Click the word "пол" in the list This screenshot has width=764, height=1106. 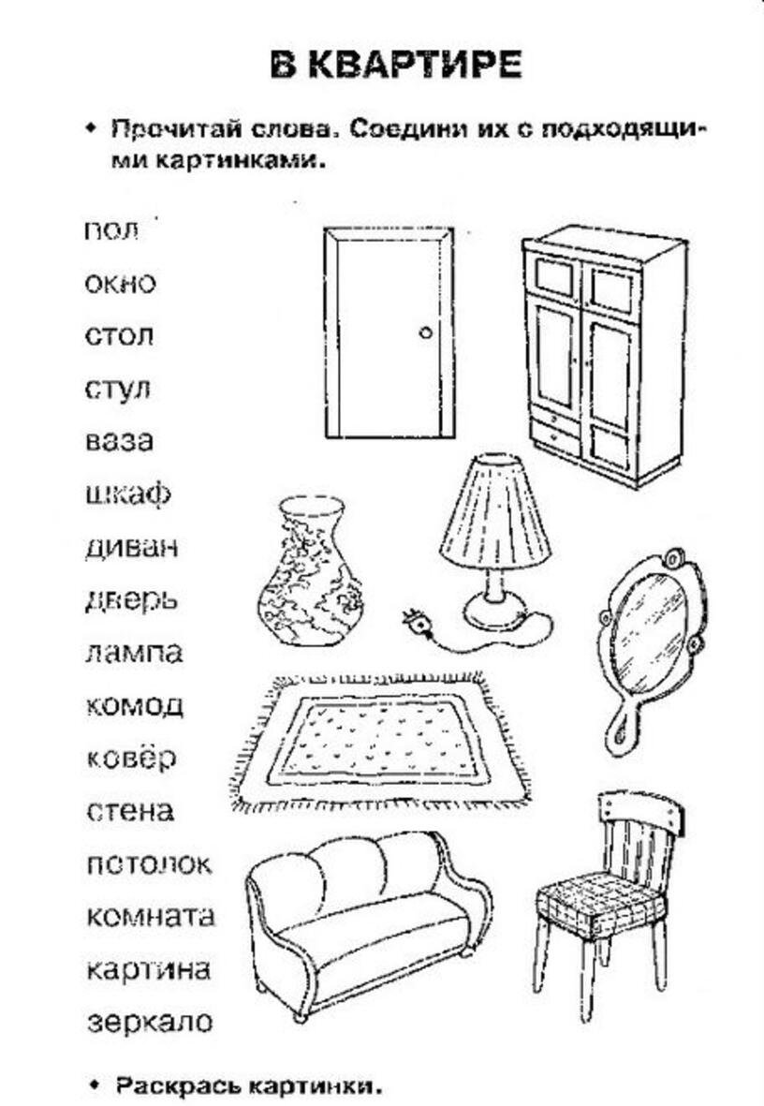[x=111, y=230]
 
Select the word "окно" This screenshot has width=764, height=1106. [x=120, y=284]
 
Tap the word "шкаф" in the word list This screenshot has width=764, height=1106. [x=127, y=494]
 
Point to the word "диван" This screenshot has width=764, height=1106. [x=132, y=547]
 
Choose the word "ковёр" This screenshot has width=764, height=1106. [x=131, y=758]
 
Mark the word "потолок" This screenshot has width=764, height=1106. [x=149, y=864]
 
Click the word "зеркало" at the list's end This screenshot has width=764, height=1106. [x=150, y=1022]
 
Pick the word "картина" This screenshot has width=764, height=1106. [x=149, y=969]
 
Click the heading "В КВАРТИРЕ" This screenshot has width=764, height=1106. [x=396, y=65]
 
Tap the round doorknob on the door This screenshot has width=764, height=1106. [x=425, y=332]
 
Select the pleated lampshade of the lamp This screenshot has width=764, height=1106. [x=495, y=510]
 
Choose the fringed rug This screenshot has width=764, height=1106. [x=379, y=741]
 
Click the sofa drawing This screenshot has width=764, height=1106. [x=368, y=925]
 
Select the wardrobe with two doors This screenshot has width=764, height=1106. [x=605, y=355]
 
